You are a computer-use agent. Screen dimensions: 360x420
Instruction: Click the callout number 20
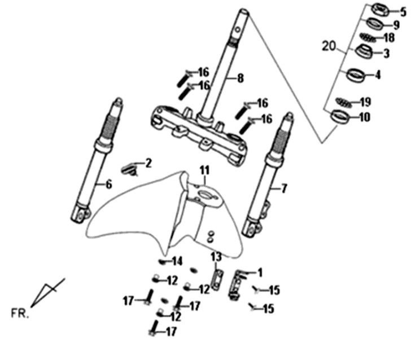click(329, 47)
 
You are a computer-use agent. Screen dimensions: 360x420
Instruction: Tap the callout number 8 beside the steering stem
click(240, 78)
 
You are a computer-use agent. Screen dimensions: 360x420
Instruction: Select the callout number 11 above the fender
click(204, 170)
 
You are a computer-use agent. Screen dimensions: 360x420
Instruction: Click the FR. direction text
click(20, 311)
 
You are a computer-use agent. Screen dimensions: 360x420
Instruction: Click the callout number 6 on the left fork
click(108, 184)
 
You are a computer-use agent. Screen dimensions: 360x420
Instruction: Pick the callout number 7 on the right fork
click(283, 188)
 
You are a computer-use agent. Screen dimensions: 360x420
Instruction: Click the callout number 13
click(216, 257)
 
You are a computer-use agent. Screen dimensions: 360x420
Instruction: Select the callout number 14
click(177, 261)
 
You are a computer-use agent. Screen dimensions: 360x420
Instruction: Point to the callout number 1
click(260, 272)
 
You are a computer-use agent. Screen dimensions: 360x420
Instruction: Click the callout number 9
click(396, 25)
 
